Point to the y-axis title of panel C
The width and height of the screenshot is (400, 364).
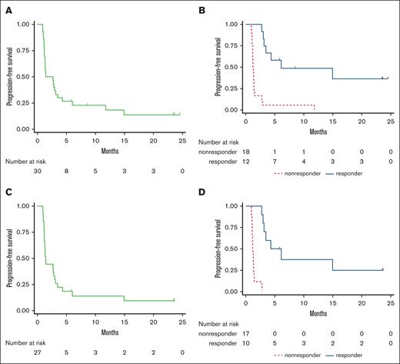pos(11,258)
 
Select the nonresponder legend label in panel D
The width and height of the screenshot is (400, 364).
pos(303,356)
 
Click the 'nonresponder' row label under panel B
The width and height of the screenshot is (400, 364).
pos(218,152)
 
